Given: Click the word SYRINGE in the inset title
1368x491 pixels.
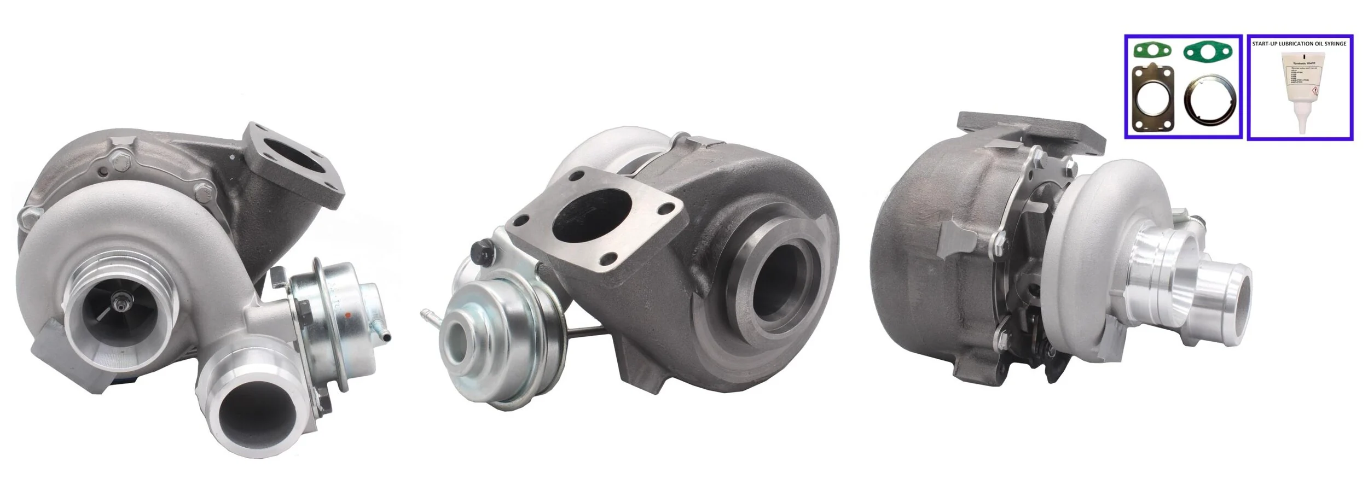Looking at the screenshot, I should click(1335, 43).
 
